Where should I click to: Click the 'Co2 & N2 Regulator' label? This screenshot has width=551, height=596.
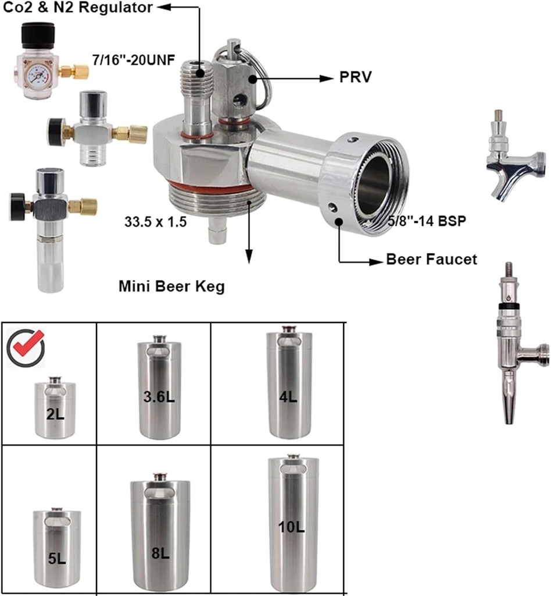78,8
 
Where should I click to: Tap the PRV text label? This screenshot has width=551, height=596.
355,77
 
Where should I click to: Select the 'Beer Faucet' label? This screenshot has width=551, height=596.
431,260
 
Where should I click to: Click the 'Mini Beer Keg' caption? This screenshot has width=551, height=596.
171,286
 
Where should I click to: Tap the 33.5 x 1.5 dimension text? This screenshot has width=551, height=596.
155,221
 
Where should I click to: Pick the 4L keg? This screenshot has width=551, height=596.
289,387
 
